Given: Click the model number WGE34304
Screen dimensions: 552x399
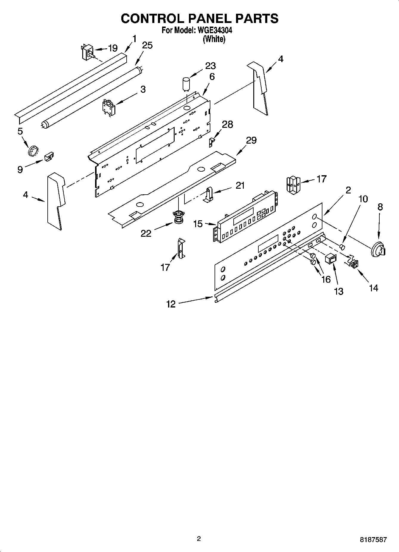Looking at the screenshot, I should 213,30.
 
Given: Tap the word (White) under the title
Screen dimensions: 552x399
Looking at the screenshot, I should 214,39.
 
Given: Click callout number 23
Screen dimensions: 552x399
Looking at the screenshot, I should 210,66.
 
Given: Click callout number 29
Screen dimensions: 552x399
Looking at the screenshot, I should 251,140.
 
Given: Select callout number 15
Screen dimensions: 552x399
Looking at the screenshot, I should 198,224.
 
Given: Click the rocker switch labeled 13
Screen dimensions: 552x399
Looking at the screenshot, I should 330,259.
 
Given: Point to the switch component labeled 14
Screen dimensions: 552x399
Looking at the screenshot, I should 354,263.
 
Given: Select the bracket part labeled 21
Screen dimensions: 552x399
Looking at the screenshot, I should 209,194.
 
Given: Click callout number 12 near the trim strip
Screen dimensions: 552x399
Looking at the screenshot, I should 171,304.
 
